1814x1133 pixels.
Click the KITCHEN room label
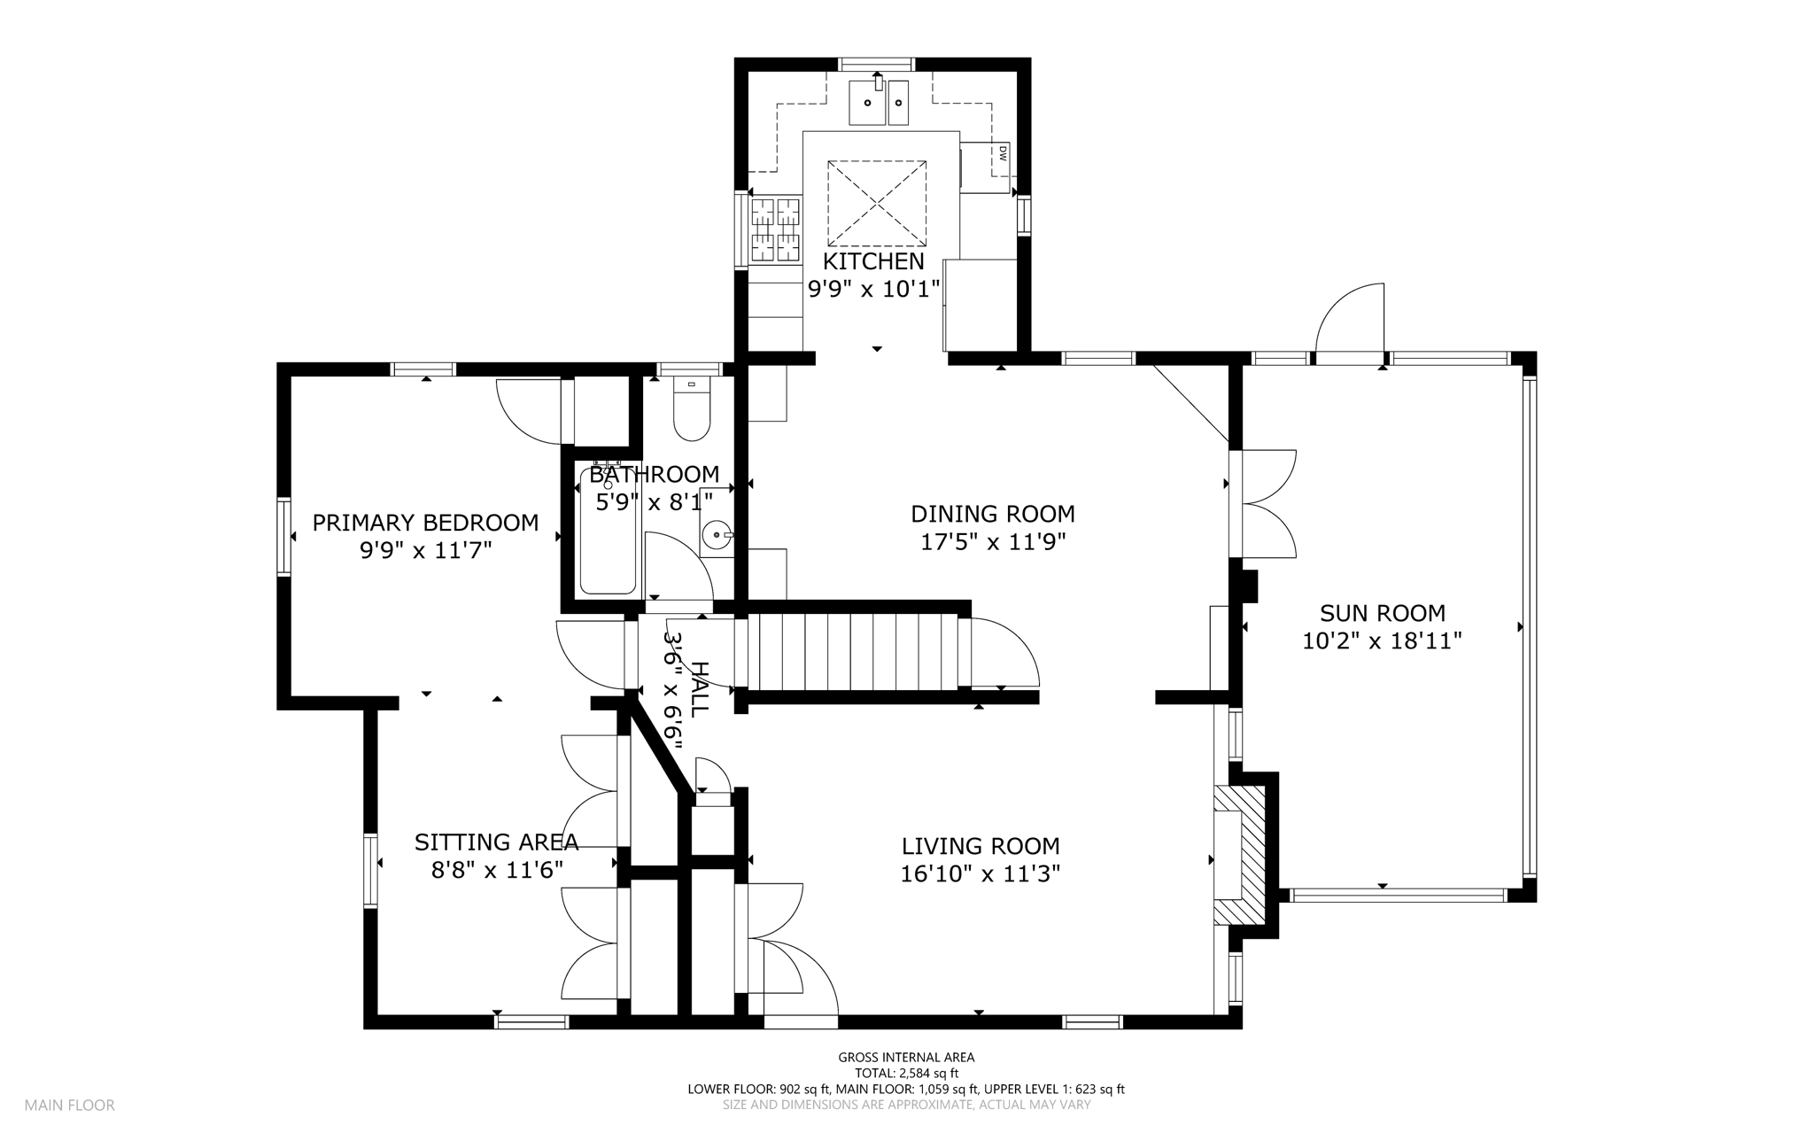[x=873, y=261]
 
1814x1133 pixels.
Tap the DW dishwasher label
[x=1003, y=153]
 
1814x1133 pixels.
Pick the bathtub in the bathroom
[x=608, y=529]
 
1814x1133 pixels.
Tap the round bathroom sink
[x=717, y=535]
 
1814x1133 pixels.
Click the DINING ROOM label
[x=993, y=514]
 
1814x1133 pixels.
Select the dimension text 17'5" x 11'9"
[x=993, y=541]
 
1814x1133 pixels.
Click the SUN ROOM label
[x=1382, y=613]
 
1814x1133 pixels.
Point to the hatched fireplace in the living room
[x=1241, y=856]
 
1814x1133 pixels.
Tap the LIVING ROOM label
[x=981, y=846]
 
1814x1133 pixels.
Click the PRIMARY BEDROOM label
[x=425, y=523]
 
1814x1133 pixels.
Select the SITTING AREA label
[x=496, y=842]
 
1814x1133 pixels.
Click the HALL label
[x=699, y=689]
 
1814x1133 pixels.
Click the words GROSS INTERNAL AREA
[x=906, y=1057]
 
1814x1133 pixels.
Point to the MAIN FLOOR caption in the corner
[x=69, y=1106]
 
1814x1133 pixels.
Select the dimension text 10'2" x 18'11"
[x=1382, y=640]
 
